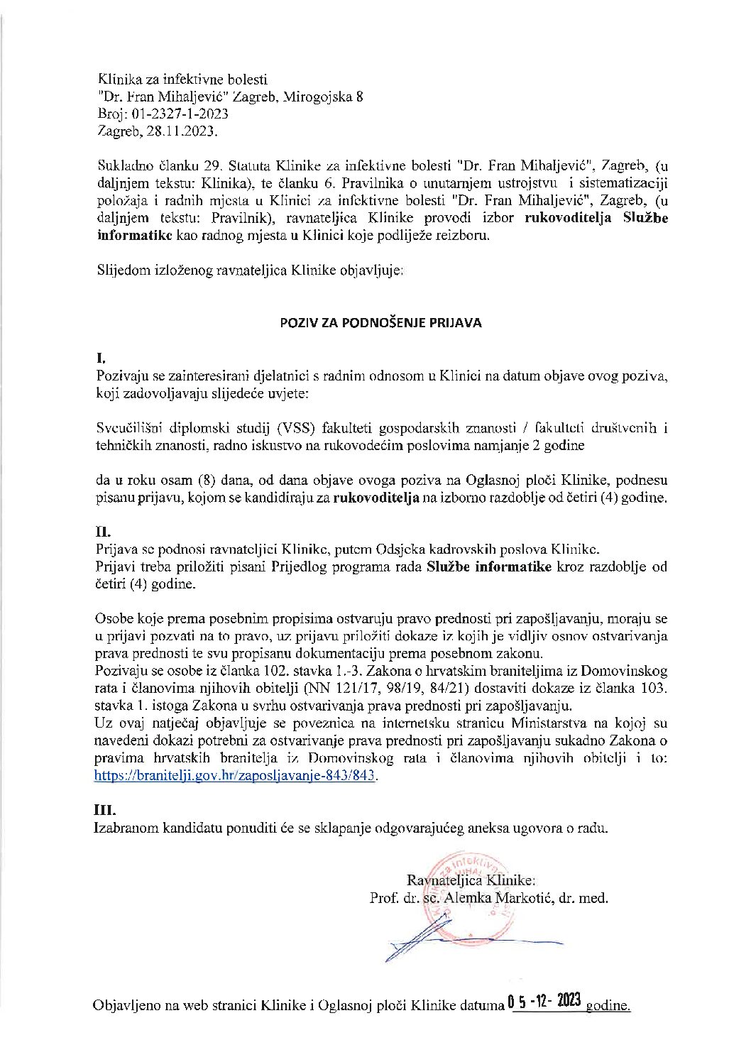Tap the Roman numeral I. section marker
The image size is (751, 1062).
[x=100, y=360]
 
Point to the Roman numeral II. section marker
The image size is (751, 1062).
[x=103, y=530]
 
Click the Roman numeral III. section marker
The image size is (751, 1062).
[x=105, y=809]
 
